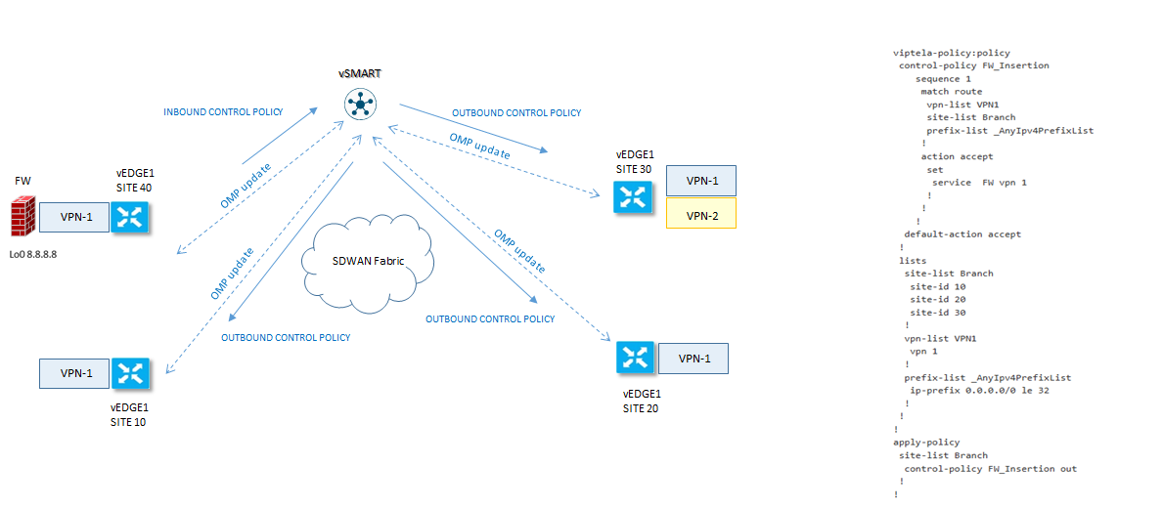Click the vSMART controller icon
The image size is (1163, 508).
pos(361,104)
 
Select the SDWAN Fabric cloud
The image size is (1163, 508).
pos(368,262)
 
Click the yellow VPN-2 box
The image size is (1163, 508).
pos(700,214)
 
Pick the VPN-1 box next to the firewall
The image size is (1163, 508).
pos(75,217)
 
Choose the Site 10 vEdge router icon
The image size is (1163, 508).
pos(129,372)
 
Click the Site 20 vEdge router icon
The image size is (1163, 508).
pos(635,359)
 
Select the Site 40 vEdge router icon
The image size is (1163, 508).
pos(128,216)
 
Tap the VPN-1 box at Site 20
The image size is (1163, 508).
pos(693,359)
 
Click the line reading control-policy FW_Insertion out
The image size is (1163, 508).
pos(990,469)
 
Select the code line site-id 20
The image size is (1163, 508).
pos(937,300)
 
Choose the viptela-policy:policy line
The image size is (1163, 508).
pos(952,53)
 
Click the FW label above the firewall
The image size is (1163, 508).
pos(22,182)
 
